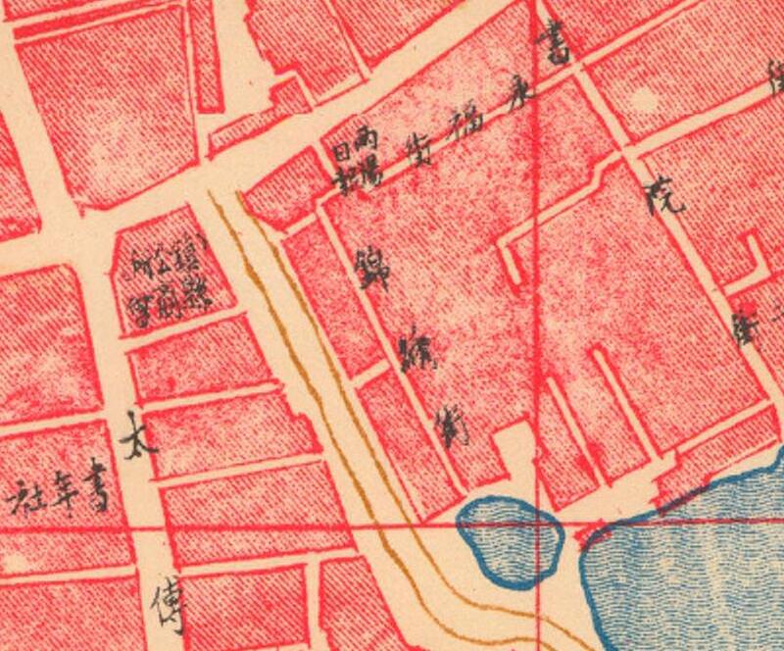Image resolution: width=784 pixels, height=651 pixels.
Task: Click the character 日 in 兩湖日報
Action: click(343, 155)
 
